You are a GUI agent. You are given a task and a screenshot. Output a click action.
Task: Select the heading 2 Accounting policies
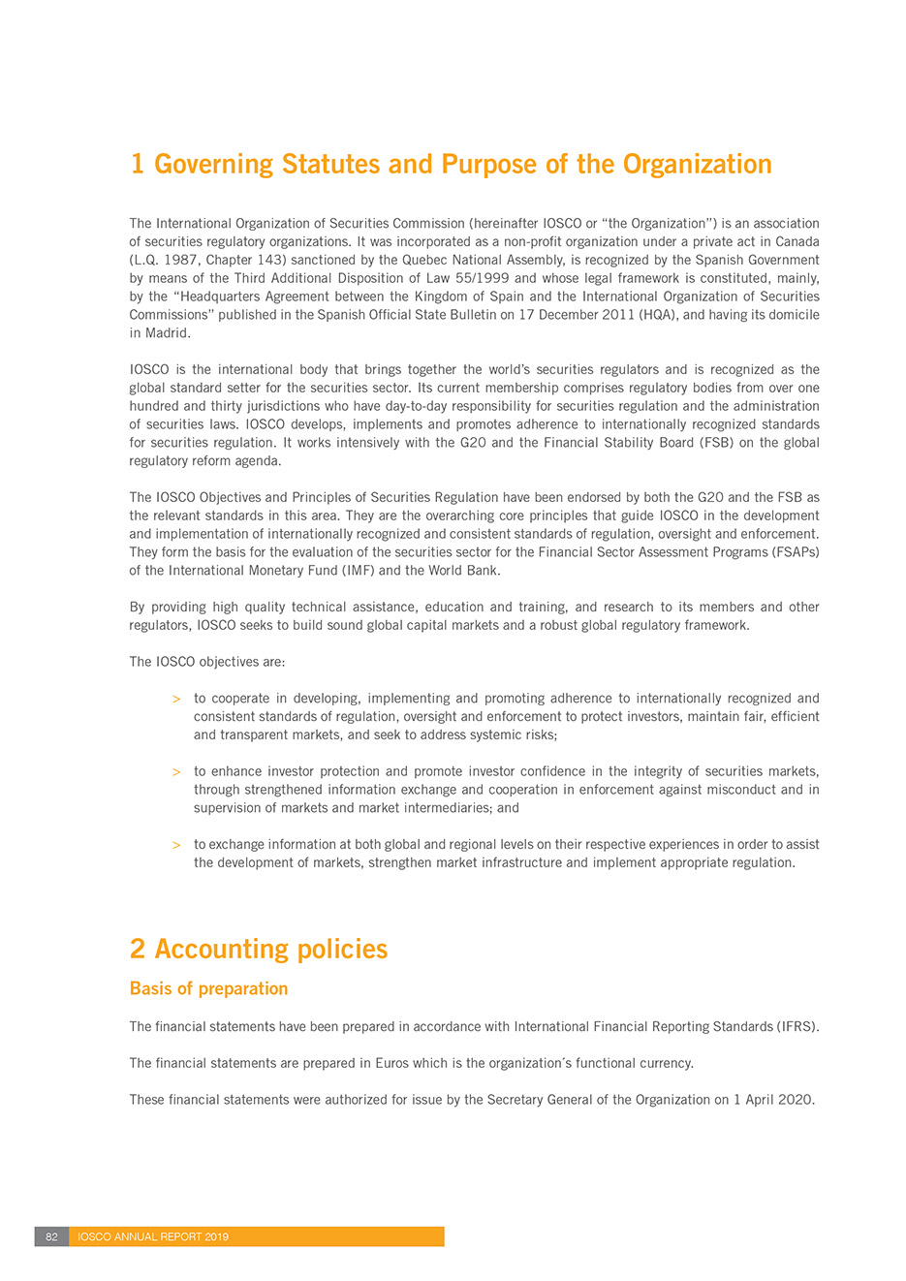[x=259, y=950]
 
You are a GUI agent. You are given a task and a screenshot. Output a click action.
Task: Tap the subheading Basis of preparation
[x=208, y=989]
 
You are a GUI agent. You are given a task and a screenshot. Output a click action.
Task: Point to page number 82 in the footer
[x=51, y=1237]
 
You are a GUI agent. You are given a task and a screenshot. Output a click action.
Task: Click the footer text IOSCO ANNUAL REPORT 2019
[x=153, y=1237]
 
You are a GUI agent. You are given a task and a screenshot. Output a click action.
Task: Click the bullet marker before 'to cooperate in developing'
[x=176, y=700]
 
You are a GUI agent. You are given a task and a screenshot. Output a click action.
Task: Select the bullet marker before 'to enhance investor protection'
[x=176, y=773]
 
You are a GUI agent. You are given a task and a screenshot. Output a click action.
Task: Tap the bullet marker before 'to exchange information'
[x=176, y=846]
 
